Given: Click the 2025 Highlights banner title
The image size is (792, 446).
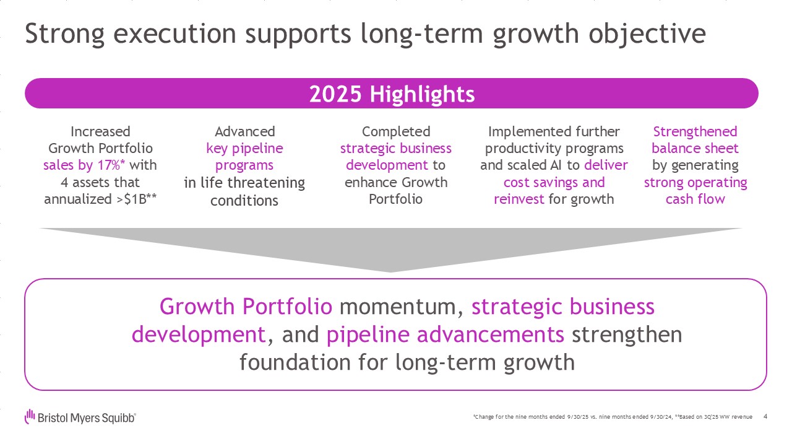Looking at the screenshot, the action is click(x=392, y=94).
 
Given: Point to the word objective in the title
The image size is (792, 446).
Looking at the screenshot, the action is click(x=647, y=34).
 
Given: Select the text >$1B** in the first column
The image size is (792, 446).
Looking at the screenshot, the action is click(x=137, y=199).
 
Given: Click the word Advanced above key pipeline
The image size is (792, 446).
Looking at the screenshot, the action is click(x=244, y=132).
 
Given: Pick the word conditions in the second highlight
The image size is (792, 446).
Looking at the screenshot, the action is click(x=244, y=201).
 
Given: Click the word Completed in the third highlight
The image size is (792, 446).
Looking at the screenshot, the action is click(x=396, y=132).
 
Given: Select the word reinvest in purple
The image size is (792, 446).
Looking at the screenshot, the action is click(x=519, y=199).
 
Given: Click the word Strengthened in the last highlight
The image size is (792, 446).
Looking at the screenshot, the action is click(x=695, y=132).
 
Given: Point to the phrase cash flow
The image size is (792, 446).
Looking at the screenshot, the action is click(x=695, y=199).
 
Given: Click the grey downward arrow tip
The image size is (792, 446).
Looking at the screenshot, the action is click(x=390, y=272).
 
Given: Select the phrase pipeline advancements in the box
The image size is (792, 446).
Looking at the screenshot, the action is click(x=445, y=334).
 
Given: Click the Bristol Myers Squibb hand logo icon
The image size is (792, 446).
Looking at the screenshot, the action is click(x=30, y=417).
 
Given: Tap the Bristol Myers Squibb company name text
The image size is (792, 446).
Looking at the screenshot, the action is click(x=87, y=418).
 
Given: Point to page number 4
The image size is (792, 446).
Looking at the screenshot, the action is click(x=765, y=417).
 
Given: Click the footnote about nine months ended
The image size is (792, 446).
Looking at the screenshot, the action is click(x=613, y=417).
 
